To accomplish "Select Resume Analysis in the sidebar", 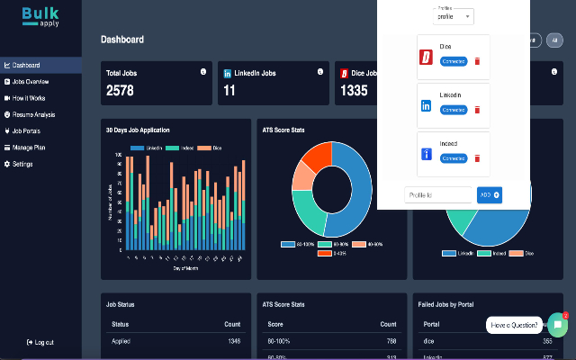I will coord(36,114).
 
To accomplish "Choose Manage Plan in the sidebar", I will coord(31,147).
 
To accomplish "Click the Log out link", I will coord(41,342).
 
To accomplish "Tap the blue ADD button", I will coord(489,194).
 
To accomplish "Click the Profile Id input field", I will coord(438,194).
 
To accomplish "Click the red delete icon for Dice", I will coord(477,60).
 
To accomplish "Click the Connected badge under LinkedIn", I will coord(454,110).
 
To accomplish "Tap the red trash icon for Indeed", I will coord(477,158).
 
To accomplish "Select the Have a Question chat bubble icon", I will coord(557,324).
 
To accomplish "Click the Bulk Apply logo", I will coord(40,15).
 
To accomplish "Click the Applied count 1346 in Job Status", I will coord(233,342).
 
